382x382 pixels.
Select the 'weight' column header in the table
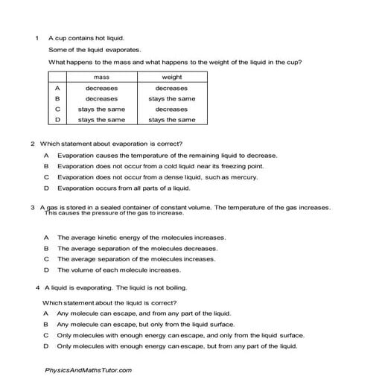tap(171, 77)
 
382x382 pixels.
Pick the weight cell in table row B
tap(171, 98)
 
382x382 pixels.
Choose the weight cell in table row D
tap(171, 119)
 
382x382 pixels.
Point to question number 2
tap(33, 144)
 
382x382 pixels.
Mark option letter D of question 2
tap(46, 188)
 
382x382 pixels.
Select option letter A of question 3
tap(46, 238)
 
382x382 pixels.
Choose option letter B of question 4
tap(45, 324)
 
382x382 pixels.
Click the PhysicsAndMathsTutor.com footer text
tap(89, 370)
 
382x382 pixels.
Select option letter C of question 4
tap(45, 335)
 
